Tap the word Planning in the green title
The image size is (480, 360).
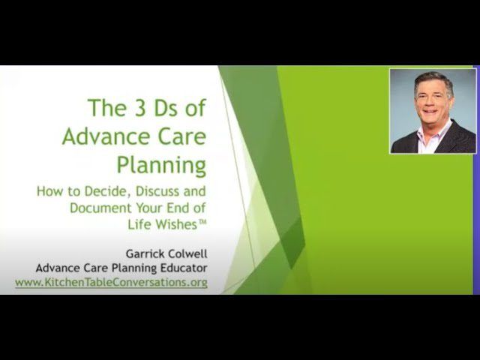161,166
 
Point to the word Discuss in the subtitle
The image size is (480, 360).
157,191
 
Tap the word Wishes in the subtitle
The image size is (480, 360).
175,224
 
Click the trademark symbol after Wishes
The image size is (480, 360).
202,222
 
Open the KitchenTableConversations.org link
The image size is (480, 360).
112,282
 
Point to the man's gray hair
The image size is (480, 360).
433,81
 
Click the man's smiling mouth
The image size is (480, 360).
431,112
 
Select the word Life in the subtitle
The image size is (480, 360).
139,224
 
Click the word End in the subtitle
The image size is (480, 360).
177,208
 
